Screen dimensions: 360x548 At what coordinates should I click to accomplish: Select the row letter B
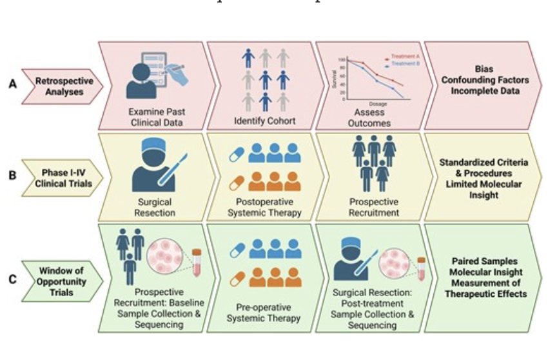(x=12, y=174)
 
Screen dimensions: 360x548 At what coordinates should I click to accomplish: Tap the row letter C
(x=12, y=279)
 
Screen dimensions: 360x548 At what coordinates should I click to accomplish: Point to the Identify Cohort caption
(x=265, y=121)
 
